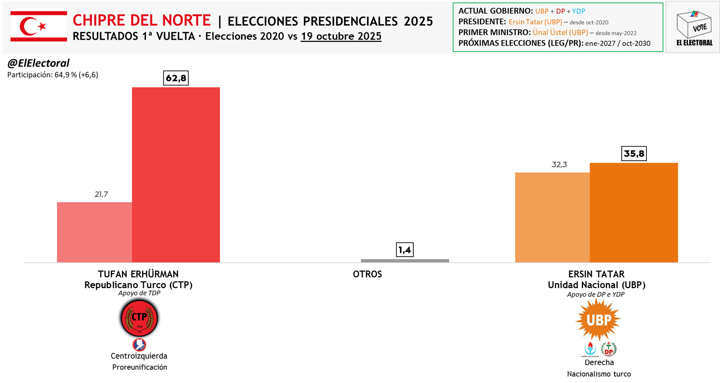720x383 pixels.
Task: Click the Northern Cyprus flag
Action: tap(39, 26)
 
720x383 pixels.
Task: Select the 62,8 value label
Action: tap(176, 78)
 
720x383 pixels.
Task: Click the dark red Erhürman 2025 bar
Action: tap(176, 174)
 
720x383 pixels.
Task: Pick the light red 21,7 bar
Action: tap(94, 232)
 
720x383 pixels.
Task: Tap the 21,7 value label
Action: tap(101, 194)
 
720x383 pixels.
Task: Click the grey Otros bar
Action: tap(405, 261)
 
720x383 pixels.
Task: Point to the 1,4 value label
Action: tap(405, 250)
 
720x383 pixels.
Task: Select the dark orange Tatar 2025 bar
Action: tap(634, 212)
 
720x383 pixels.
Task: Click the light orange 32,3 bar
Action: tap(552, 217)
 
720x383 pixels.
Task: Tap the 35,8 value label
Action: tap(634, 153)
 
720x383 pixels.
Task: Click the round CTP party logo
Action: tap(139, 318)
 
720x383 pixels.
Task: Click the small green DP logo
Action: tap(609, 349)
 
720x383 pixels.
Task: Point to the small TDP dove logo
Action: tap(139, 345)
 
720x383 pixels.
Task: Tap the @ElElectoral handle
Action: tap(38, 63)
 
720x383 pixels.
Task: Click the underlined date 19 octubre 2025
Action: tap(341, 36)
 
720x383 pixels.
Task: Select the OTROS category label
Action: tap(367, 274)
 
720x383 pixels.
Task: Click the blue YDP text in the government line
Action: tap(579, 11)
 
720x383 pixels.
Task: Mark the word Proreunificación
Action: tap(140, 367)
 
